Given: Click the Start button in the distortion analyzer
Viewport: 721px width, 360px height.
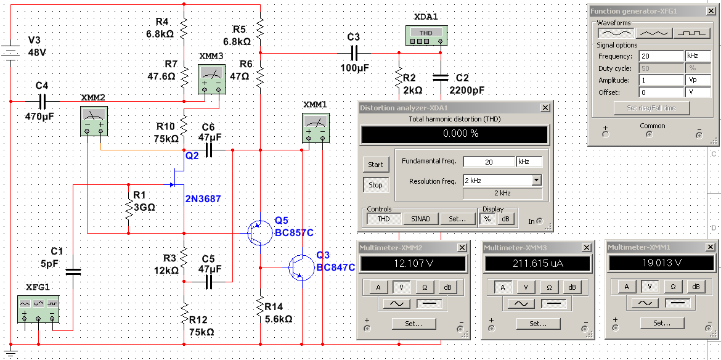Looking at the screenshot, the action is pos(375,164).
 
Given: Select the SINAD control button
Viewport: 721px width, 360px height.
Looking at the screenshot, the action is pos(420,219).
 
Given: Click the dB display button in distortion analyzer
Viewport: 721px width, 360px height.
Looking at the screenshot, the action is pos(505,219).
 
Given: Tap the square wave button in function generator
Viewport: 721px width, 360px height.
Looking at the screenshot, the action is pos(693,33).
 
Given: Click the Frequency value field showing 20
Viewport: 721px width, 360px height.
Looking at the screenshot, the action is pos(661,56).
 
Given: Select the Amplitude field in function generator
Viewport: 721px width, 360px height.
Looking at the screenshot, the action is pos(661,80).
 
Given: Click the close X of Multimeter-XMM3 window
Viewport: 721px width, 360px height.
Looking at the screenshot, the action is pos(587,248).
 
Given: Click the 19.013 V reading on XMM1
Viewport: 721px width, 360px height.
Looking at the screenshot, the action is pos(661,263).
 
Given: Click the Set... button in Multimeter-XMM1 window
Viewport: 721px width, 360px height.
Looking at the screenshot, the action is pos(661,323).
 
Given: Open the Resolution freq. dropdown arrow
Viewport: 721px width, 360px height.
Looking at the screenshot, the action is pos(537,180).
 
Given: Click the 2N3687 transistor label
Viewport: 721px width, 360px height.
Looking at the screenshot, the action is pos(203,199).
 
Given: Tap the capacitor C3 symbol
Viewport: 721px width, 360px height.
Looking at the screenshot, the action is pos(354,54).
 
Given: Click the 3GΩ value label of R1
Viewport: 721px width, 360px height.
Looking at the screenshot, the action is pos(144,207).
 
